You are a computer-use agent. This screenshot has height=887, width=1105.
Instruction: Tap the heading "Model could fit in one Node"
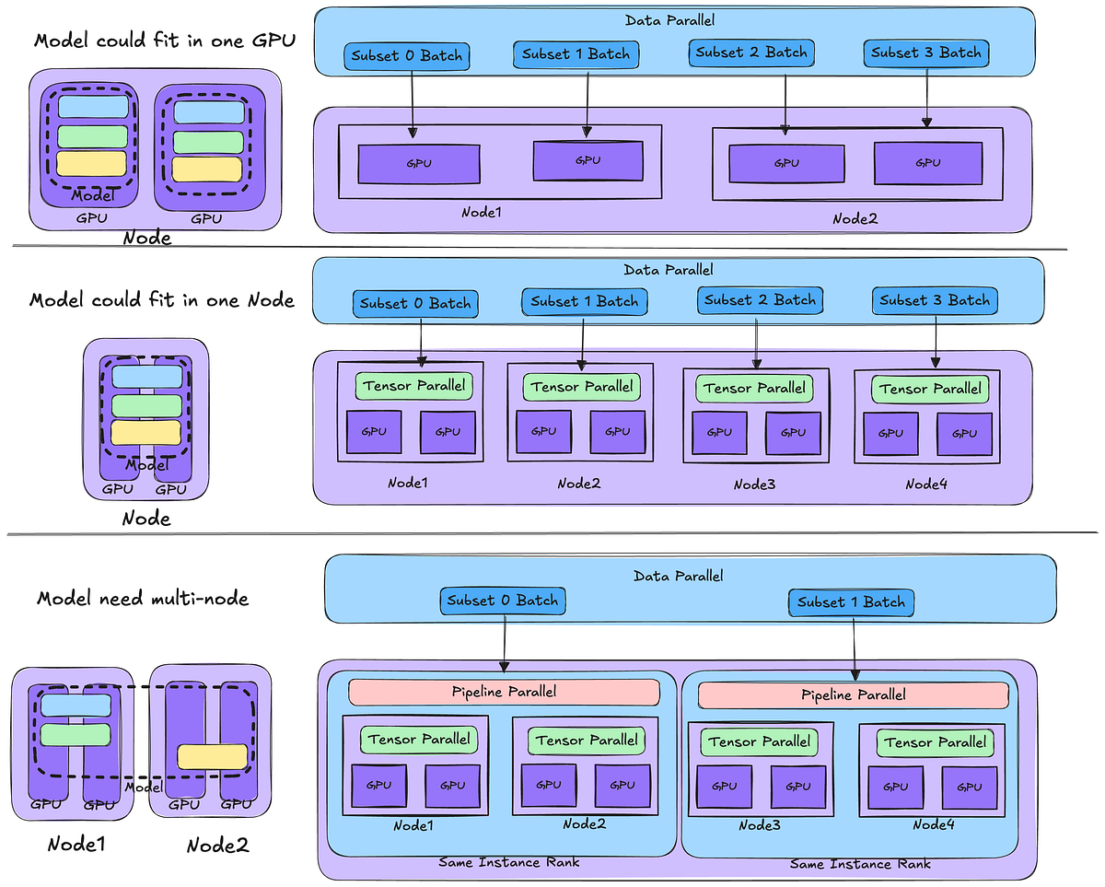click(162, 300)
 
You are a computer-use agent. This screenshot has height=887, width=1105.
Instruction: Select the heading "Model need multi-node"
click(143, 599)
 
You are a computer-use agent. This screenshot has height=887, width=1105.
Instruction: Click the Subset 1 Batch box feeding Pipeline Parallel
click(851, 602)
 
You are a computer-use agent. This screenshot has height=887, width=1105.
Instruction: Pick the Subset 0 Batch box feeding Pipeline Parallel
click(502, 601)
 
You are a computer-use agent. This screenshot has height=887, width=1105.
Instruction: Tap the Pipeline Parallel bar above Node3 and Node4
click(853, 694)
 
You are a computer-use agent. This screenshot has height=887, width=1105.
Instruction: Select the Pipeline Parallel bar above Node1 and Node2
click(504, 692)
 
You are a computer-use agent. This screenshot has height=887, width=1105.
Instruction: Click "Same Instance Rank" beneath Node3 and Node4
click(860, 863)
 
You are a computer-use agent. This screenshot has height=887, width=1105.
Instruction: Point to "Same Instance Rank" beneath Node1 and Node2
click(509, 861)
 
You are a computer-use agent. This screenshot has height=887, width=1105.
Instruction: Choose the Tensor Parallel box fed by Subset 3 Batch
click(930, 389)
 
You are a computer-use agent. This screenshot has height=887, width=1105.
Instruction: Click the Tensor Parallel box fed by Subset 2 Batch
click(754, 388)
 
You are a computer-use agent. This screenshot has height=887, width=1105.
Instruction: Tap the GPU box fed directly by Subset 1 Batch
click(587, 160)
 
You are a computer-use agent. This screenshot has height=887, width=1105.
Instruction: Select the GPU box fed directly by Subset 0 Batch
click(418, 163)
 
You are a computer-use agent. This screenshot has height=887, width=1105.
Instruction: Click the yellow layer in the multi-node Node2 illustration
click(213, 756)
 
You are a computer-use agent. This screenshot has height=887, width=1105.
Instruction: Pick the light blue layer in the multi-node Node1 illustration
click(76, 705)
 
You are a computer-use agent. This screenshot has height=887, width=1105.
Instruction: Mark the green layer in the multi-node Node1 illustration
click(76, 734)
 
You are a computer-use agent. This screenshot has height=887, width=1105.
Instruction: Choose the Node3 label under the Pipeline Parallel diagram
click(759, 826)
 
